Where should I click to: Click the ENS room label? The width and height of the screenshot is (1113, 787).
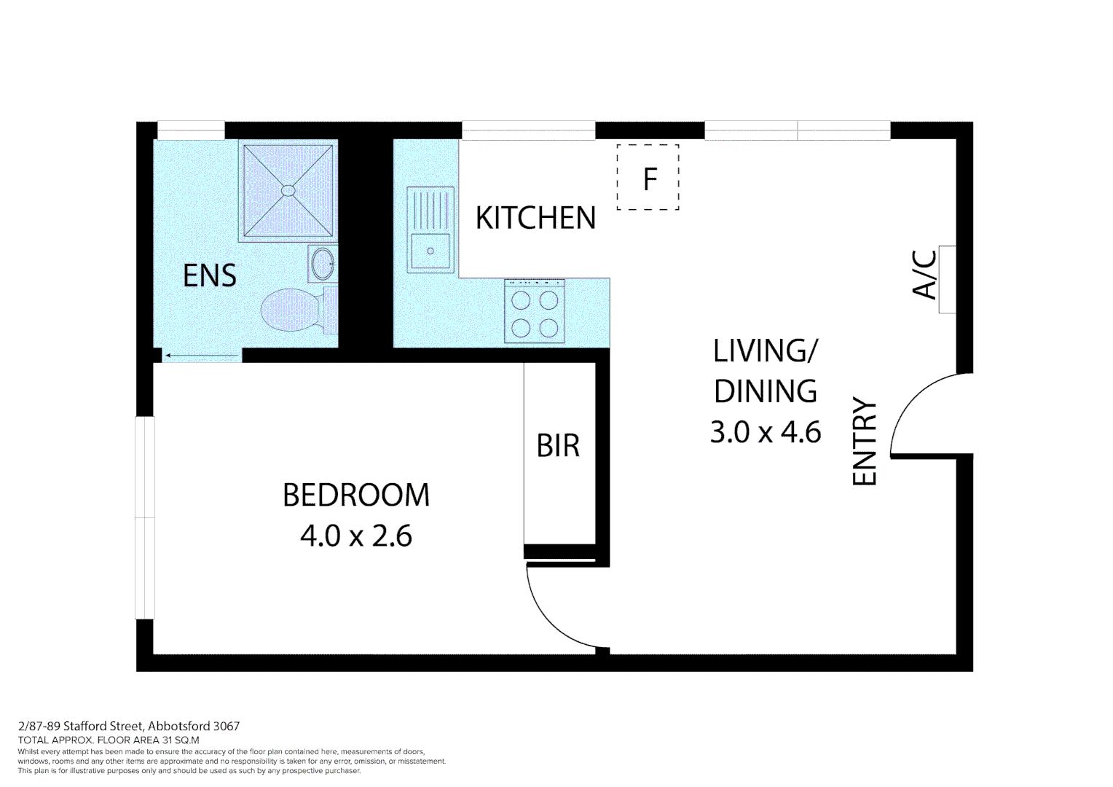[210, 275]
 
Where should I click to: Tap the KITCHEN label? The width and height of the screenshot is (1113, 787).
[535, 218]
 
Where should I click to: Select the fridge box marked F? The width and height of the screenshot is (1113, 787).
[648, 178]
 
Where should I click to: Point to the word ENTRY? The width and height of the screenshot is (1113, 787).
[865, 441]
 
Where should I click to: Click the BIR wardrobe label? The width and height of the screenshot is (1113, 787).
[558, 445]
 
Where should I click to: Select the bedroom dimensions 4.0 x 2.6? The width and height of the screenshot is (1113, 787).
[356, 536]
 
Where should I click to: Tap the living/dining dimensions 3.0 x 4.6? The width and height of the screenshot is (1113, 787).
[766, 432]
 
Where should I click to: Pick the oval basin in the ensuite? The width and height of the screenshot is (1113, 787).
[322, 263]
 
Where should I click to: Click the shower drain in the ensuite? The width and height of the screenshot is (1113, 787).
[288, 190]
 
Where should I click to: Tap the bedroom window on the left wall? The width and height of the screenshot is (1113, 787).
[145, 517]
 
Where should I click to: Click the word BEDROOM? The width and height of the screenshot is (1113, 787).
[356, 496]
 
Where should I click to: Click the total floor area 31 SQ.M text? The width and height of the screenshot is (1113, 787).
[109, 740]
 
